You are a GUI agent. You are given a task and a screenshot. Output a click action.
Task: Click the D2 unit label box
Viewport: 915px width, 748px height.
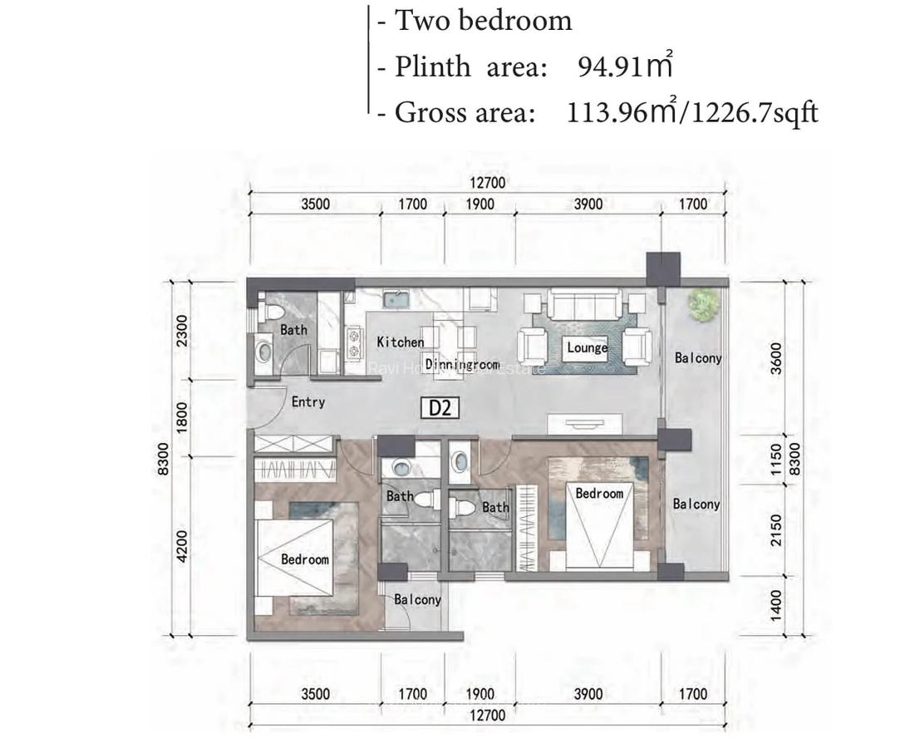(440, 407)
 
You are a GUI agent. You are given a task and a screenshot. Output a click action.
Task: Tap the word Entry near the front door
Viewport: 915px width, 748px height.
(307, 402)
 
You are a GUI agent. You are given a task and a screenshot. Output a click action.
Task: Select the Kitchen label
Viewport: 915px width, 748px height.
(400, 342)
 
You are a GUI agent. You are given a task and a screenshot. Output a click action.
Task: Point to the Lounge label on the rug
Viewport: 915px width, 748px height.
(587, 347)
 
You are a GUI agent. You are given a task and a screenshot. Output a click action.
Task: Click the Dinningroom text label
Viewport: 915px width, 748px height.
(462, 364)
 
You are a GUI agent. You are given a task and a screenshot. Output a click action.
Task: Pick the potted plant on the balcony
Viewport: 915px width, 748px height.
(703, 304)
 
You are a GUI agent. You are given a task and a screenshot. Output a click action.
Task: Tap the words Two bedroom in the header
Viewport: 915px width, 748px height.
(483, 20)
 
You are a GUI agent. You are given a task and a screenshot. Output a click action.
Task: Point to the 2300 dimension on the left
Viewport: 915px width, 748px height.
(183, 331)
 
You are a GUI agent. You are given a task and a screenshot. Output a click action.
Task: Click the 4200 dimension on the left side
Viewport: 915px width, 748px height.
(183, 546)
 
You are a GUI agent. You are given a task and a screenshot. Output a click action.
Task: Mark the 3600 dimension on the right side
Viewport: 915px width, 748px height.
(776, 358)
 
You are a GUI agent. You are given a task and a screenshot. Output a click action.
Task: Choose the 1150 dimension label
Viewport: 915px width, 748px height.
(776, 460)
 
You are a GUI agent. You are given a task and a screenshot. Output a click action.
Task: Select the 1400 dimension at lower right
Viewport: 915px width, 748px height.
(776, 604)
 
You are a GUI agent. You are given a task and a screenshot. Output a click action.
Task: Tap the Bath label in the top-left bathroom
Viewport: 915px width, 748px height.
(293, 330)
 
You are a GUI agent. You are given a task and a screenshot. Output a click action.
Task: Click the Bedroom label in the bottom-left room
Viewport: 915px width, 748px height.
(304, 559)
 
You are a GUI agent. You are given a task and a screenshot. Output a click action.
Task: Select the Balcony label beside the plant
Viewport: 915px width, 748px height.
(697, 358)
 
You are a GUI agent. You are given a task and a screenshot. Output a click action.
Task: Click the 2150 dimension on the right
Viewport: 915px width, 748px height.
(776, 530)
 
